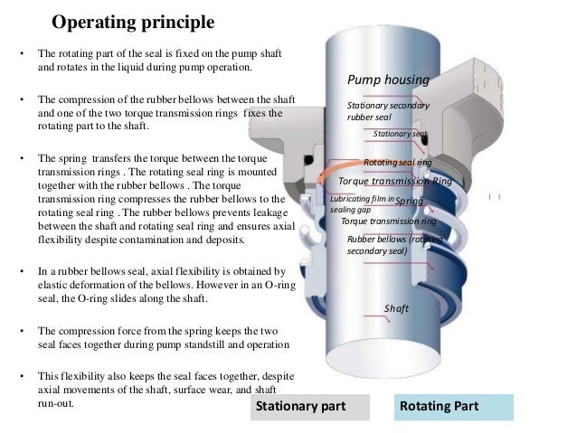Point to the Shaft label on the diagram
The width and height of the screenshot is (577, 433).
396,309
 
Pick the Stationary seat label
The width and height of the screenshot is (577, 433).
400,134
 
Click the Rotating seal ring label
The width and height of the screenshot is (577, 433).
397,162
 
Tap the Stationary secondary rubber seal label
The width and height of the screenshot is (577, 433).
388,111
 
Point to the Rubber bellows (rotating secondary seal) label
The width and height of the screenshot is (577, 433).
394,244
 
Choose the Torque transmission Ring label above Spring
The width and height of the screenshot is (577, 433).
393,181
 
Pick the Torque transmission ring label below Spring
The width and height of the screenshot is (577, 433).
389,221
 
